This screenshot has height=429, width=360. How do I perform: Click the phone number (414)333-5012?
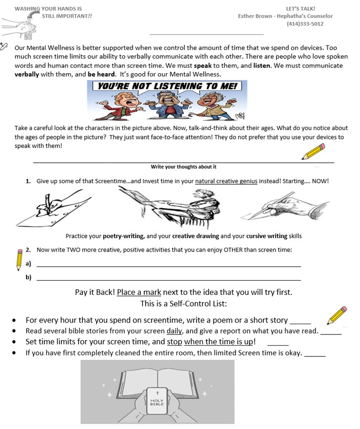(x=305, y=23)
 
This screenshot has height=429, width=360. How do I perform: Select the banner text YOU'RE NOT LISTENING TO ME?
(x=167, y=86)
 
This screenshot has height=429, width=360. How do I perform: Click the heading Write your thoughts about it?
(x=183, y=167)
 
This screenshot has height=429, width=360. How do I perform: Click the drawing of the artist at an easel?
(x=171, y=207)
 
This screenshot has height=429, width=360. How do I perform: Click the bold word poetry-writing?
(x=123, y=236)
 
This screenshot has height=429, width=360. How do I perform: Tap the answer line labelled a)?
(x=169, y=266)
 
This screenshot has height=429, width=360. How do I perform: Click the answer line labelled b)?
(x=169, y=279)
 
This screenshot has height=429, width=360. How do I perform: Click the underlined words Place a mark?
(x=139, y=292)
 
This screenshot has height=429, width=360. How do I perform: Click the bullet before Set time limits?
(x=15, y=342)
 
